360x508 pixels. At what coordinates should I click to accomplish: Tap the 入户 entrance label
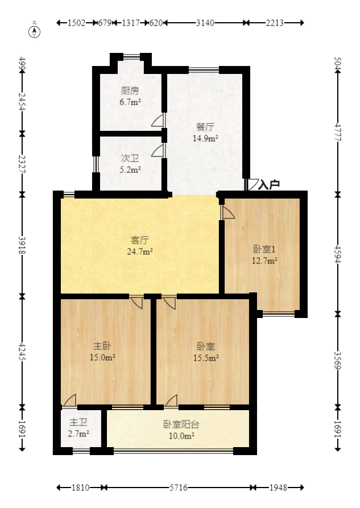click(269, 185)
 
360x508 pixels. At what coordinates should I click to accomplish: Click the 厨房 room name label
click(130, 91)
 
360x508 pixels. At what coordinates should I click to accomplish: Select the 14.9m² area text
click(205, 138)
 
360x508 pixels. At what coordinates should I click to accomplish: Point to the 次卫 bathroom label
click(130, 159)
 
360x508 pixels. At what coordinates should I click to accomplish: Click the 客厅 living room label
click(139, 240)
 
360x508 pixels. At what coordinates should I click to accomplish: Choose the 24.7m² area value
click(139, 251)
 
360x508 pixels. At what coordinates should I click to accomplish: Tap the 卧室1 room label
click(264, 249)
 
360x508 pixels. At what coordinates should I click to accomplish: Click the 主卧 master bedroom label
click(102, 346)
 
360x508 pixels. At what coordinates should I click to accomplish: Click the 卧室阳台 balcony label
click(181, 424)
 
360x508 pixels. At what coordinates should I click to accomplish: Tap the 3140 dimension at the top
click(205, 23)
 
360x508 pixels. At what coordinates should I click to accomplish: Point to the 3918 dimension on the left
click(22, 245)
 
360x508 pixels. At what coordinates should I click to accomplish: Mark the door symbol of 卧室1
click(227, 212)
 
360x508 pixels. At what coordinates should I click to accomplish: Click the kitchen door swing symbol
click(158, 121)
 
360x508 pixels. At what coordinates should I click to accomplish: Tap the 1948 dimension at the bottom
click(278, 488)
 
